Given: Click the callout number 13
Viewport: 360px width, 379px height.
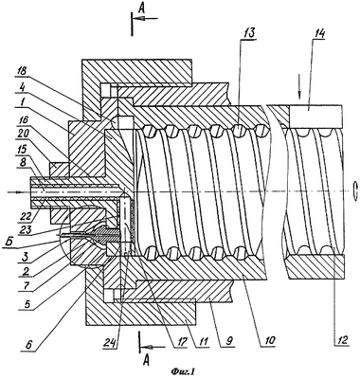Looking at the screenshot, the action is pyautogui.click(x=247, y=33).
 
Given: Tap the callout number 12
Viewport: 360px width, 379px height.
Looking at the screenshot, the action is pyautogui.click(x=342, y=340).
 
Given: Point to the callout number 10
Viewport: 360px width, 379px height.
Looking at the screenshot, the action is pyautogui.click(x=269, y=340).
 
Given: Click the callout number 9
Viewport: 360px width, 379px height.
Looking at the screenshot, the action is pyautogui.click(x=230, y=340).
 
